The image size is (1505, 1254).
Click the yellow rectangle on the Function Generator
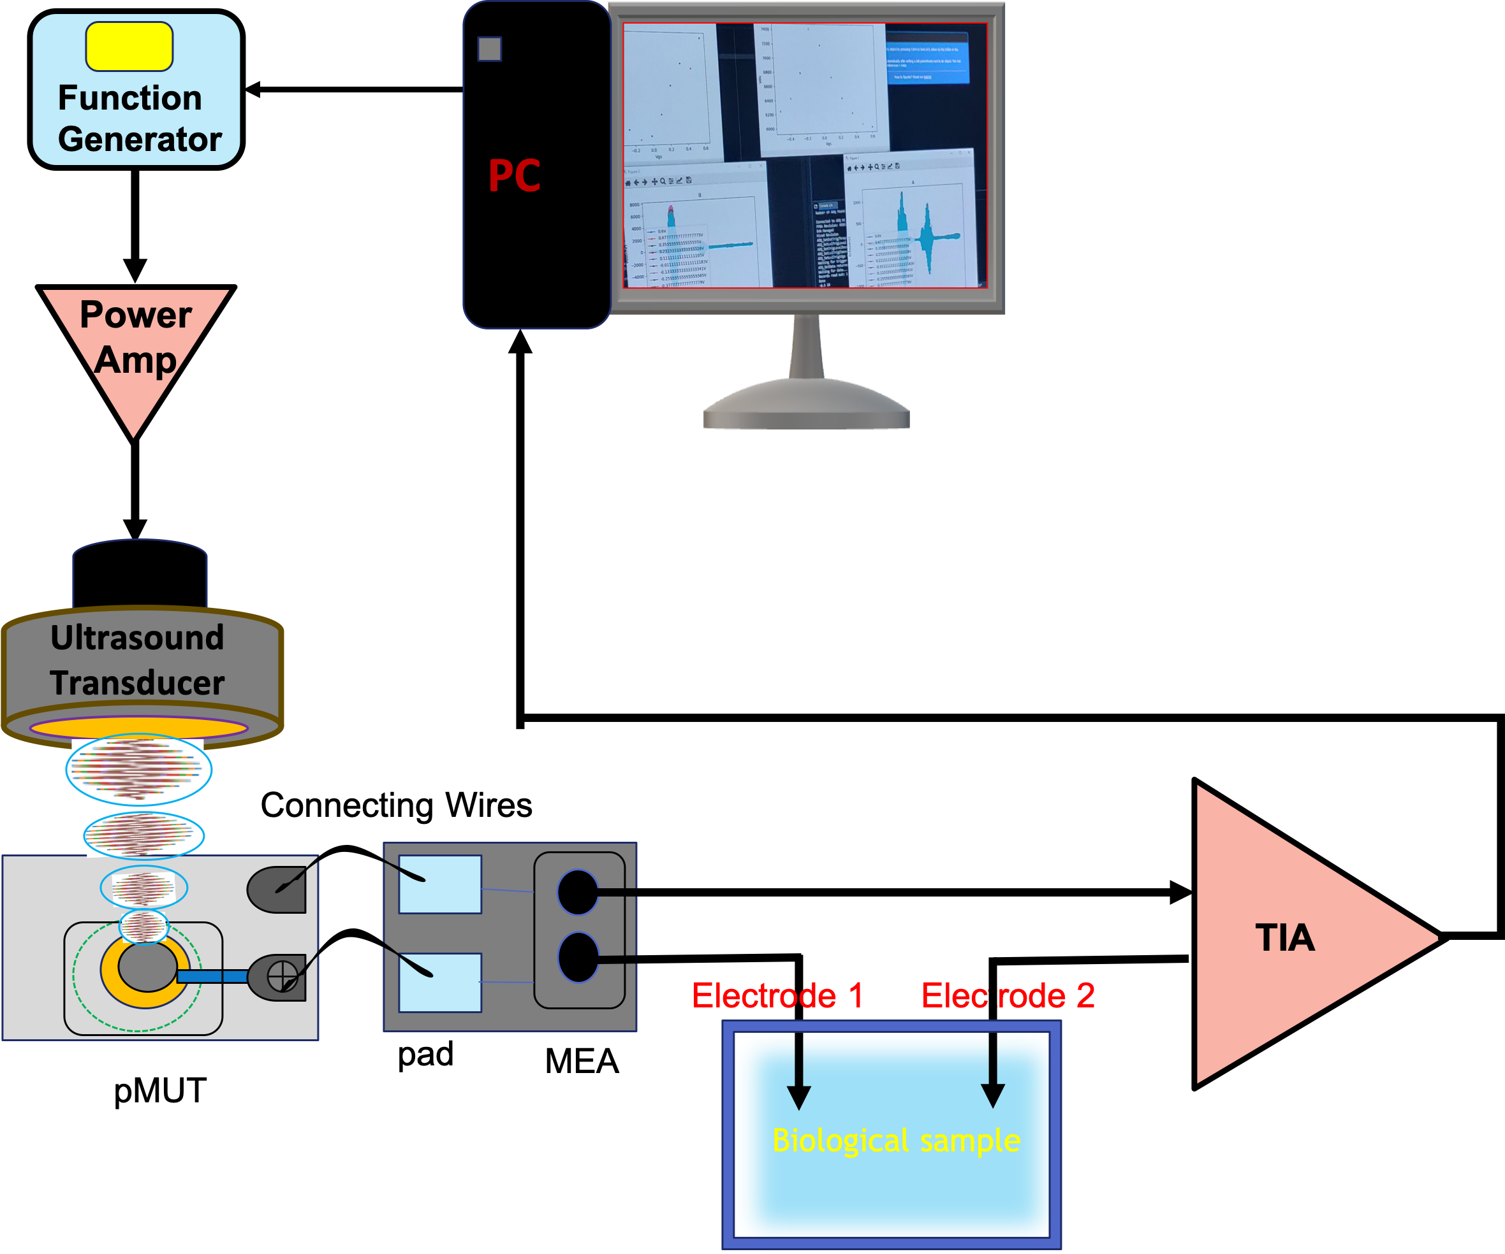point(129,47)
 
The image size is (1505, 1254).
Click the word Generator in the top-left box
point(140,139)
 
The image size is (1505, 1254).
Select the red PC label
point(515,176)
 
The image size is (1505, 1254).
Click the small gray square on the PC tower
point(490,48)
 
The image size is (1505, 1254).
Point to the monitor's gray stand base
point(806,408)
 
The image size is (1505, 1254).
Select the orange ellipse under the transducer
point(138,729)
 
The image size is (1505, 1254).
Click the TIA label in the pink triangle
point(1285,938)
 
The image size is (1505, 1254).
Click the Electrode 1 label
point(777,995)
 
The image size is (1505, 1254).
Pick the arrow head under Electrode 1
point(799,1097)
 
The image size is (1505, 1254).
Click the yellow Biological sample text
point(896,1140)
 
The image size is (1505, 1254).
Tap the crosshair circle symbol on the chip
point(282,976)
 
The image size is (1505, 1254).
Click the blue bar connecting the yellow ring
point(212,976)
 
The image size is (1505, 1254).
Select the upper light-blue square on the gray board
point(440,884)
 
